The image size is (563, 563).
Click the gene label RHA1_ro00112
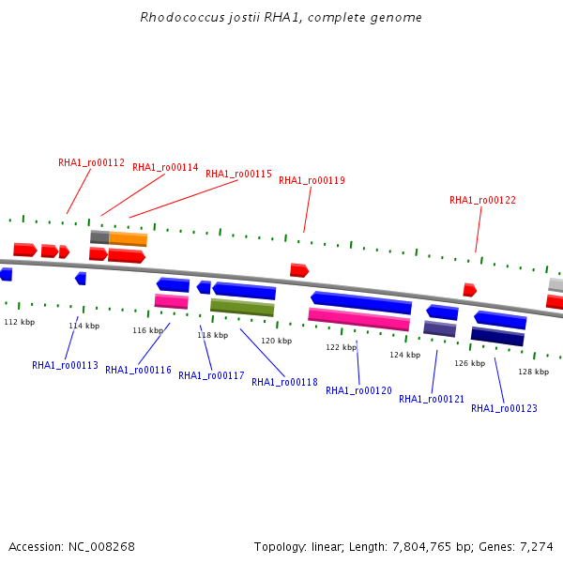(x=91, y=162)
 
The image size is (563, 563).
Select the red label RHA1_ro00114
(x=165, y=167)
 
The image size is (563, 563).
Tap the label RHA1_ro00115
(x=238, y=174)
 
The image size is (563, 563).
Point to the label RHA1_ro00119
(x=312, y=180)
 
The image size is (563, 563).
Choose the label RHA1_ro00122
(x=482, y=200)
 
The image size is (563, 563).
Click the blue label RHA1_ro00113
(x=65, y=365)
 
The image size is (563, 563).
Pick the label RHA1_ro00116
(x=138, y=370)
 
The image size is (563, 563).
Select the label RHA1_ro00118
(x=284, y=382)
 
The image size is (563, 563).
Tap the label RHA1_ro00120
(x=358, y=390)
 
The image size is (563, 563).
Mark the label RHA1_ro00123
(x=504, y=408)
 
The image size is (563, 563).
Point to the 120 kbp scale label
(x=276, y=341)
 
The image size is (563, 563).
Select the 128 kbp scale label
(x=533, y=372)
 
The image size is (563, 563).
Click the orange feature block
(x=129, y=239)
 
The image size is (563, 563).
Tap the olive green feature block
(x=242, y=308)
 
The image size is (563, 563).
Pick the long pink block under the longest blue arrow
(x=358, y=320)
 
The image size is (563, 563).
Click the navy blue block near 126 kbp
(x=497, y=336)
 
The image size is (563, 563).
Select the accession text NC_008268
(x=101, y=546)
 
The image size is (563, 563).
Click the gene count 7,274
(x=536, y=546)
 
